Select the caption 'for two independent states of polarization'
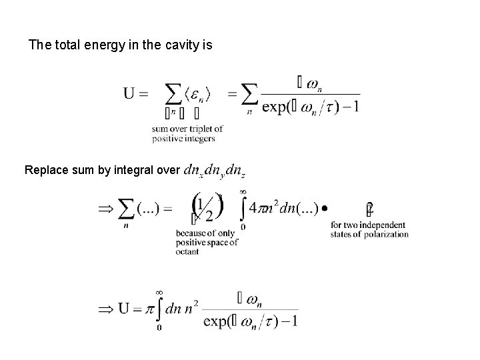[369, 230]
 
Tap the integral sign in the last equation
[160, 310]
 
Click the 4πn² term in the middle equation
[269, 209]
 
